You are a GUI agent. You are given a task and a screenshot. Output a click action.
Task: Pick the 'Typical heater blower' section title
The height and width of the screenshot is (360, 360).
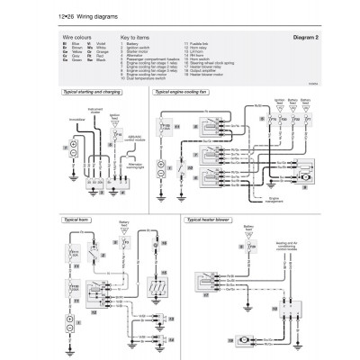click(x=211, y=220)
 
